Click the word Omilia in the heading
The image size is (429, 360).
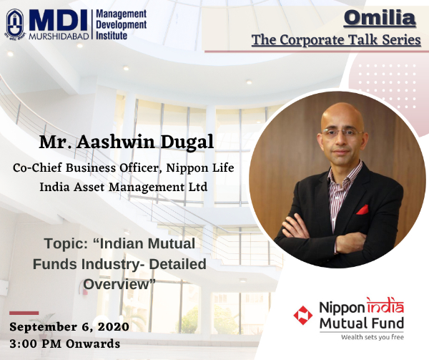[x=380, y=18]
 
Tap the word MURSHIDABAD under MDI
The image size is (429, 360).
[x=59, y=37]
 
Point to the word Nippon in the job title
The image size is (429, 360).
[x=186, y=168]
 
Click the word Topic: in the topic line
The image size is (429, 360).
[x=66, y=243]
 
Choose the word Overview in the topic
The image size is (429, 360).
[x=116, y=284]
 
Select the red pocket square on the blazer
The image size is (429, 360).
[x=363, y=210]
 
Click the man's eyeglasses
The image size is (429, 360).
[x=342, y=133]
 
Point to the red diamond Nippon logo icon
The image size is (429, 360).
[x=302, y=315]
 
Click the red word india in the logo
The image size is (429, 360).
[x=385, y=306]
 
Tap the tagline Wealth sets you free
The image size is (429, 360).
[x=373, y=337]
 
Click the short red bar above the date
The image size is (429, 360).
[x=24, y=313]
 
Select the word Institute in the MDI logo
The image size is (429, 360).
[x=112, y=36]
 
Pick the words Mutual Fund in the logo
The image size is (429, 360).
[x=362, y=323]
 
